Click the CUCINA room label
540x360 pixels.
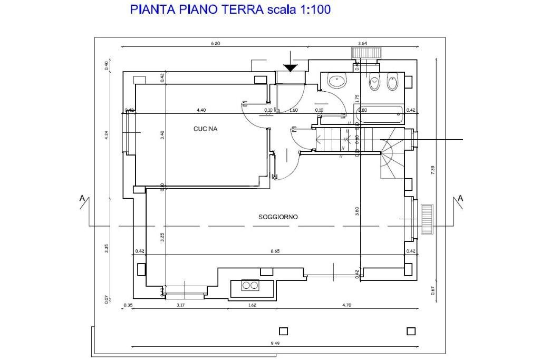pos(206,129)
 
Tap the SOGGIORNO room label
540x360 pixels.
pos(278,217)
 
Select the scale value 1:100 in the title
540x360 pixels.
pos(315,9)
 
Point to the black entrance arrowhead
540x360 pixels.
pos(290,68)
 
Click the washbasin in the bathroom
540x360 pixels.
pos(336,81)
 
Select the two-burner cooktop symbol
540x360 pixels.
pos(250,286)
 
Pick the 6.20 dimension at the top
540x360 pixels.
pos(215,43)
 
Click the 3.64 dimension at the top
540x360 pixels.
pos(362,43)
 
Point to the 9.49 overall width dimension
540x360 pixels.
pos(275,343)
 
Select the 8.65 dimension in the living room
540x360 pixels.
pos(275,251)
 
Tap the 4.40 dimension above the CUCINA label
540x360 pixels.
pos(201,110)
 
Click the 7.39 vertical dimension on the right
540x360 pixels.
pos(432,170)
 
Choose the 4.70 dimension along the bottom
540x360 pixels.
pos(346,305)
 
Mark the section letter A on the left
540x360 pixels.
pos(82,198)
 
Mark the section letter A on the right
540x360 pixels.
pos(460,198)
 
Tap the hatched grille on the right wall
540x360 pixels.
pos(427,219)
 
